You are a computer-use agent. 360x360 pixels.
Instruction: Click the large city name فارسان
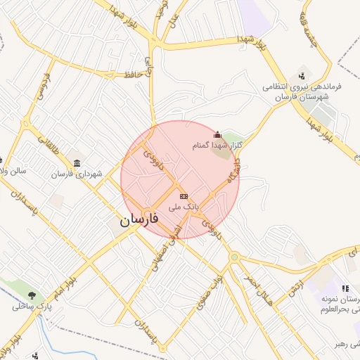click(139, 220)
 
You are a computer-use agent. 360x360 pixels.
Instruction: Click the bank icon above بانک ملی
click(184, 196)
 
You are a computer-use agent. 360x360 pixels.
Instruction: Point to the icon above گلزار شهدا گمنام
click(217, 134)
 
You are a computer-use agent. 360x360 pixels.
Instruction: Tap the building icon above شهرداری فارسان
click(76, 163)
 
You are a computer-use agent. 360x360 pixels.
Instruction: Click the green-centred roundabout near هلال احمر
click(233, 257)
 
